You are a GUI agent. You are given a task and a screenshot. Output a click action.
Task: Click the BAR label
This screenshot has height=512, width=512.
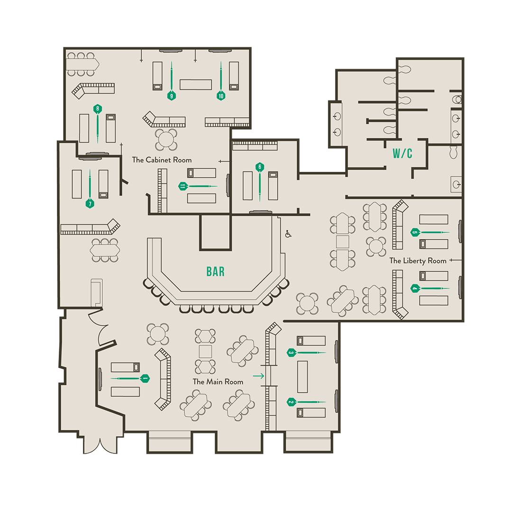click(216, 272)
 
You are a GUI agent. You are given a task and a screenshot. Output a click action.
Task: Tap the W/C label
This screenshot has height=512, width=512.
click(402, 153)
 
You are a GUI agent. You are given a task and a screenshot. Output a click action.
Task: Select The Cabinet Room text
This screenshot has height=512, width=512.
click(162, 160)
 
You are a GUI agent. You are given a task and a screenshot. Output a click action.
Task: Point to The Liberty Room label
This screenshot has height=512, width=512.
click(418, 261)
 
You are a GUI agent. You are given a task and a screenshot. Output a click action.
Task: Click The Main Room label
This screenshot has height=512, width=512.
click(218, 381)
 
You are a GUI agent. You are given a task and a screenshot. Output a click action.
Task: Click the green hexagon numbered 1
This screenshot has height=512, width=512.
click(145, 378)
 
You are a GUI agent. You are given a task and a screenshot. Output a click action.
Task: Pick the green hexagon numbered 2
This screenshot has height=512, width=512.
click(292, 402)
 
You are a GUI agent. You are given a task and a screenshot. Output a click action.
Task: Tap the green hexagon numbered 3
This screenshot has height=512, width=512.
click(292, 353)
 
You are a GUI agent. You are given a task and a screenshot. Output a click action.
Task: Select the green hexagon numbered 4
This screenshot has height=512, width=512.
click(415, 288)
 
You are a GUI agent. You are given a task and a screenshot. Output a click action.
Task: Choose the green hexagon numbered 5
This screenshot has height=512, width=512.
click(415, 232)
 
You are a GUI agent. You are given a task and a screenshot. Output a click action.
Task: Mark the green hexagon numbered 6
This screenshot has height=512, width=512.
click(260, 167)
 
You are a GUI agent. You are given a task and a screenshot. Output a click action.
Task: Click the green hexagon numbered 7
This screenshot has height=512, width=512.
click(90, 204)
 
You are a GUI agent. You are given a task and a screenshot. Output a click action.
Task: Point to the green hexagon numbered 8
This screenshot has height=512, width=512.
click(98, 109)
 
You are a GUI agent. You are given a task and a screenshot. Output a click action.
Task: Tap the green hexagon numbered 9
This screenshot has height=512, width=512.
click(172, 96)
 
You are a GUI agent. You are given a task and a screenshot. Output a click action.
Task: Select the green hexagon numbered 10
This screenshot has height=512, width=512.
click(221, 96)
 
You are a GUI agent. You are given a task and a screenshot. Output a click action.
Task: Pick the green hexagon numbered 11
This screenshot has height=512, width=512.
click(183, 186)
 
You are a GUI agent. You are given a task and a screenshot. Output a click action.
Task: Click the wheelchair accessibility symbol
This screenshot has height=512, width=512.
click(288, 234)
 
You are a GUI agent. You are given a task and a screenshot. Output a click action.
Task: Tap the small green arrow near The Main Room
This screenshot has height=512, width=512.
click(259, 376)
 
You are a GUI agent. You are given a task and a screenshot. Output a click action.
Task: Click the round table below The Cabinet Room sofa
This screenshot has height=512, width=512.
click(166, 140)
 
